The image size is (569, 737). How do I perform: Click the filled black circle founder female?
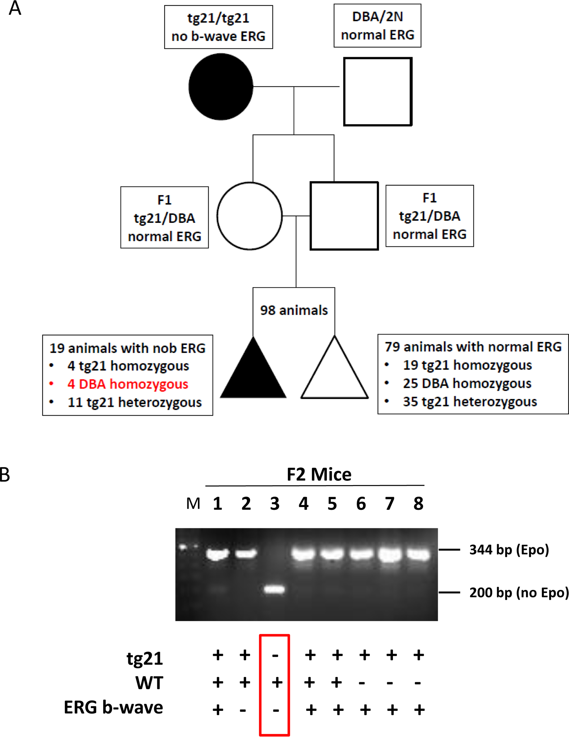[221, 87]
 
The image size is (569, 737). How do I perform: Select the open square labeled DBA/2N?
[378, 91]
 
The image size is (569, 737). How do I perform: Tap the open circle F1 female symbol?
[250, 216]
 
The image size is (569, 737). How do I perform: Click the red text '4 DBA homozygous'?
[127, 384]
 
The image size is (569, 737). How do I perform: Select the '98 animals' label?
[294, 310]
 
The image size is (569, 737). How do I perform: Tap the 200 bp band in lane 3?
[274, 590]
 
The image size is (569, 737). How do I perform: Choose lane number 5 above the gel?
[332, 504]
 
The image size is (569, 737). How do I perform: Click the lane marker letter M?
[193, 504]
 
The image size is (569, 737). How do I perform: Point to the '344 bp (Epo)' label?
[509, 550]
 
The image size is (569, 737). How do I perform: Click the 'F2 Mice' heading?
[319, 474]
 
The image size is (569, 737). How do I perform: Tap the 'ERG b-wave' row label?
[114, 707]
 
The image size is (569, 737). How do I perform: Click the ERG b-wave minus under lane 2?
[243, 710]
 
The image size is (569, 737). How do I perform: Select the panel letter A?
[15, 9]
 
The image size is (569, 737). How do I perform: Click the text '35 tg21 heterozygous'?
[469, 402]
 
